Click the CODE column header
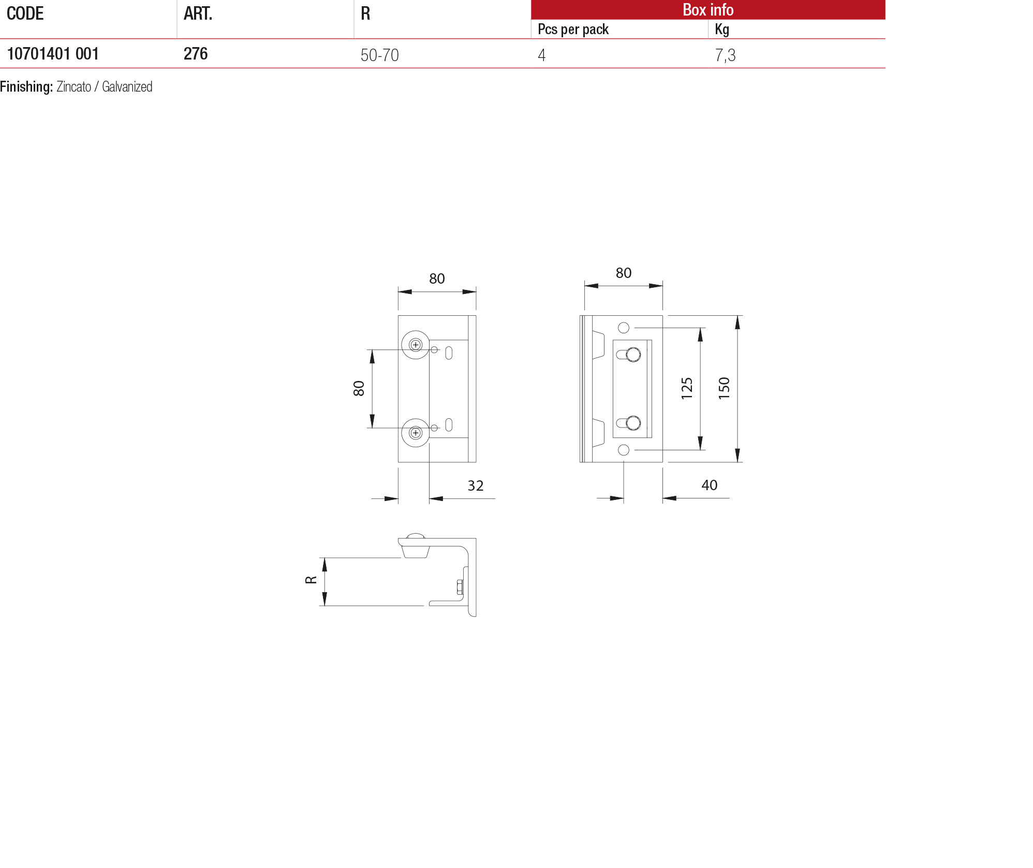(x=25, y=13)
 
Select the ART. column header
(x=198, y=13)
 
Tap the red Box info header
(x=707, y=10)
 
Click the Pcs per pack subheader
(x=573, y=30)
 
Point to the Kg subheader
(x=722, y=30)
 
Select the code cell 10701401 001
(x=53, y=54)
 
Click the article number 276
(x=196, y=54)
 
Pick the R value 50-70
(x=379, y=55)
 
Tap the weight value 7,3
(x=725, y=55)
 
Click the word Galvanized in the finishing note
(x=127, y=87)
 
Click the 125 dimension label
(x=687, y=388)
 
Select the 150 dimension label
(x=724, y=388)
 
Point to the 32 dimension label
(x=475, y=486)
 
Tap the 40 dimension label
(x=709, y=485)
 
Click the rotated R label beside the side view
(x=311, y=580)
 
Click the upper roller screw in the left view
(x=416, y=345)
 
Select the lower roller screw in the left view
(x=416, y=433)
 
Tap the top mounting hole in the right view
(x=624, y=328)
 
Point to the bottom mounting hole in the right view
(x=624, y=450)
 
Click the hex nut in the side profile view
(x=460, y=587)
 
